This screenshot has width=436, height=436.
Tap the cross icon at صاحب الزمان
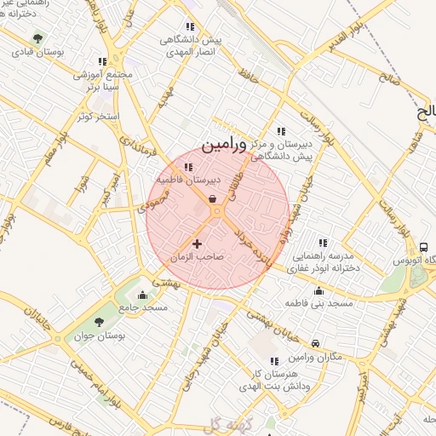198,244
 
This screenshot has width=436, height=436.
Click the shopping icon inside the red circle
211,198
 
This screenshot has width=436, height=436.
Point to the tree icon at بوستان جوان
99,322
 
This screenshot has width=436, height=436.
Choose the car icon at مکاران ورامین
316,342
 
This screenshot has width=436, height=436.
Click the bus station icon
423,246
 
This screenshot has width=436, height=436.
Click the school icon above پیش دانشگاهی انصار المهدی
189,26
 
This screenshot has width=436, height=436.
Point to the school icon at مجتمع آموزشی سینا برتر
102,61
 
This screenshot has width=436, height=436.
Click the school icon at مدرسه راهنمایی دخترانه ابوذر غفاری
322,243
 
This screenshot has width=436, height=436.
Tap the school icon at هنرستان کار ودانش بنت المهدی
273,361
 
